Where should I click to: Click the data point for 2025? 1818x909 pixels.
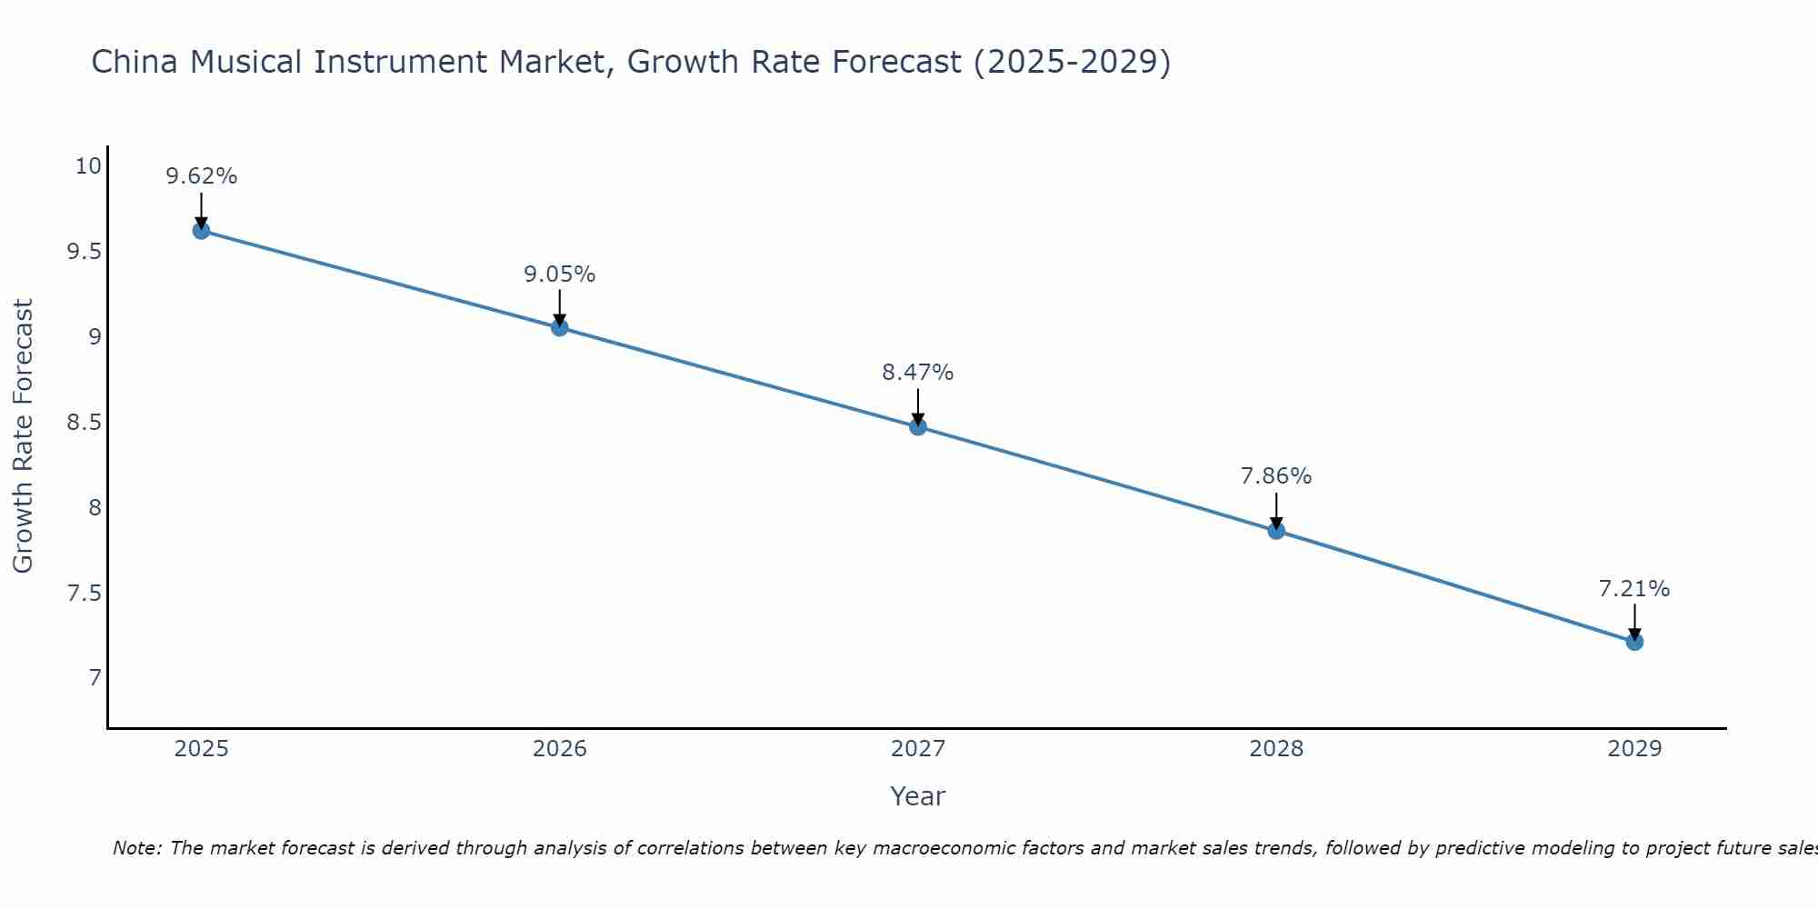[x=201, y=231]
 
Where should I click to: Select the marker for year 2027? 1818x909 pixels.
[x=918, y=426]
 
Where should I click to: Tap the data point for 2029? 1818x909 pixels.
[x=1634, y=642]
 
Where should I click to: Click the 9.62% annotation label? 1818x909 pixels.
[x=201, y=176]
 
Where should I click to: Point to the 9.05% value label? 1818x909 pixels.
[x=559, y=274]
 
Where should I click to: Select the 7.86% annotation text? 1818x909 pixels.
[x=1276, y=476]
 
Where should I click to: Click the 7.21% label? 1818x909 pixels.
[x=1634, y=589]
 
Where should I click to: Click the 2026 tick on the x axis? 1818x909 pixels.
[x=559, y=749]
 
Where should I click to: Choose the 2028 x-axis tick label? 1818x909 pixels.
[x=1276, y=749]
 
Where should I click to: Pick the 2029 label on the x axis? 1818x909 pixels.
[x=1634, y=749]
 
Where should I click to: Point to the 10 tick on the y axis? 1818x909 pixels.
[x=88, y=166]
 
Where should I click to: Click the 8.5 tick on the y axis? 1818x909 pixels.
[x=84, y=423]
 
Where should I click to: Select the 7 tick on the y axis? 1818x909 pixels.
[x=95, y=678]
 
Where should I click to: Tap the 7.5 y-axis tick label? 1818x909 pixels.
[x=84, y=594]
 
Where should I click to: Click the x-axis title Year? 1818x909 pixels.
[x=918, y=796]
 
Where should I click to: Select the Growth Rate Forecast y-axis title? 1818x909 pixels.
[x=23, y=436]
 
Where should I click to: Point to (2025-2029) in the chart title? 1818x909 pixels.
[x=1072, y=62]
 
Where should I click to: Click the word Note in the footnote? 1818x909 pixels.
[x=136, y=848]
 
